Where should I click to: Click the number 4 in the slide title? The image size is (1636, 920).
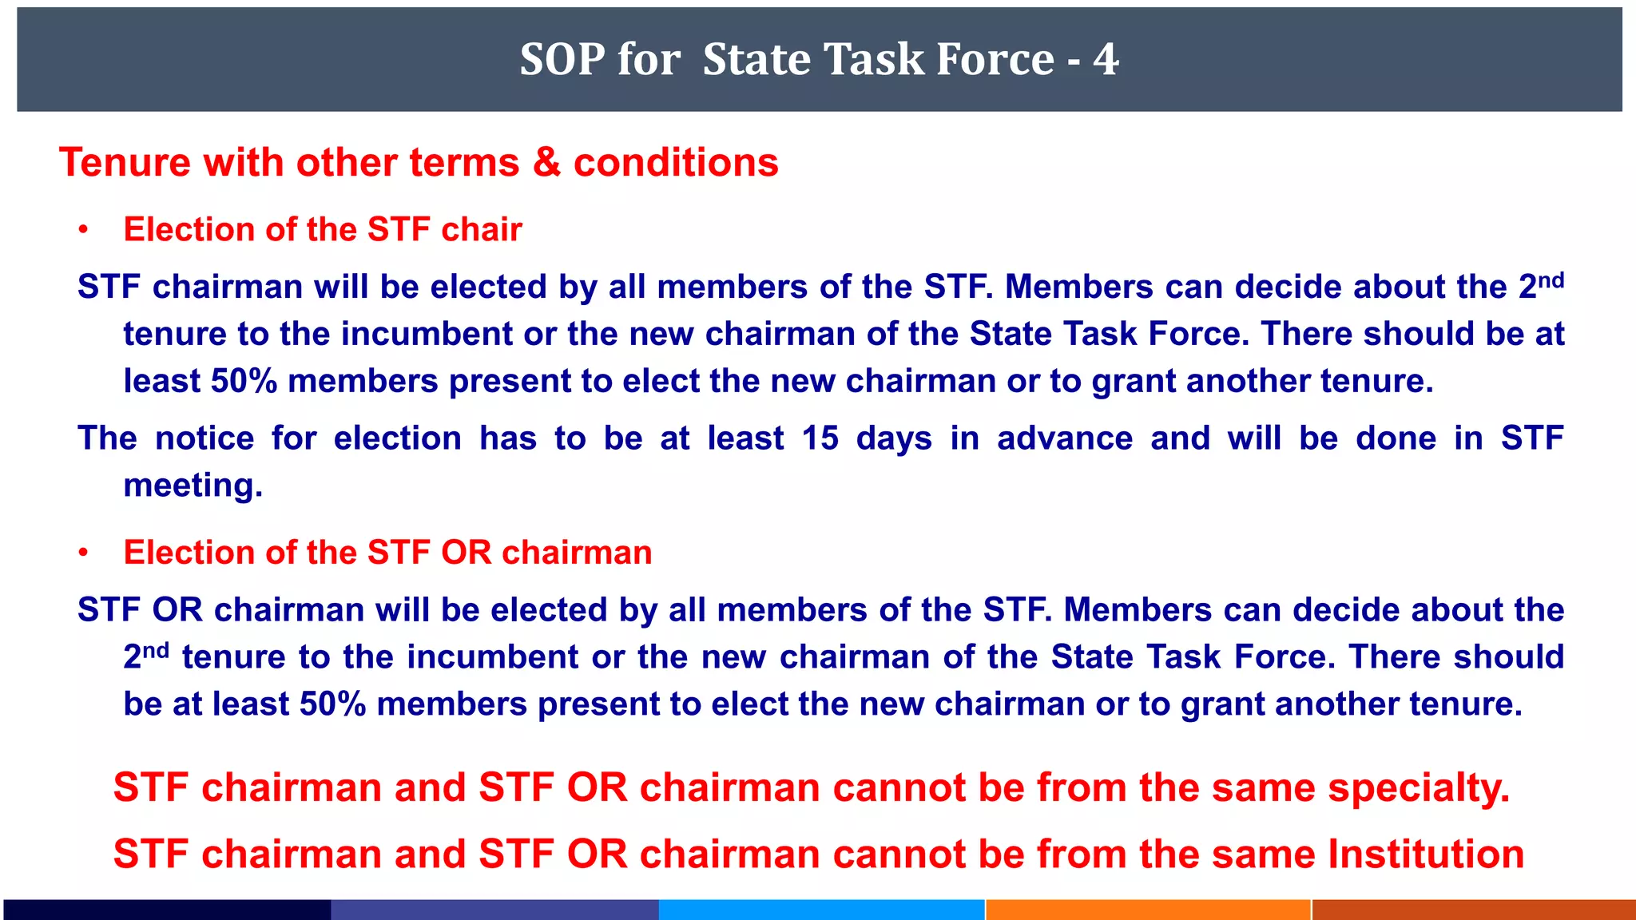1106,59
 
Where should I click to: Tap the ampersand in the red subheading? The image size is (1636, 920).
546,162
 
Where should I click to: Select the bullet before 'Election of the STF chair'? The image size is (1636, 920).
83,231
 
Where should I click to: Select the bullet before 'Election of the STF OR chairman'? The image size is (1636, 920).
83,553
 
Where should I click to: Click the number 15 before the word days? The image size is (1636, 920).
820,438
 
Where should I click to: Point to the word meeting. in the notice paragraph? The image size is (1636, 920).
193,486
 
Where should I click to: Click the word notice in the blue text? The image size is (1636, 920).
204,438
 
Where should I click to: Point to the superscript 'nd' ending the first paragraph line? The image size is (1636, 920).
1551,280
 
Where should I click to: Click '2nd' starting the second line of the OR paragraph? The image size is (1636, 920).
145,656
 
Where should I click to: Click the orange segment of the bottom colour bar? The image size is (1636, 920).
1148,910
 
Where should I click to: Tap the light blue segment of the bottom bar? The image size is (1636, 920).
821,910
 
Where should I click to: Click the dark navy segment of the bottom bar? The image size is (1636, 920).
167,910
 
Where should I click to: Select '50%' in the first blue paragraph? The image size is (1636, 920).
244,382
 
